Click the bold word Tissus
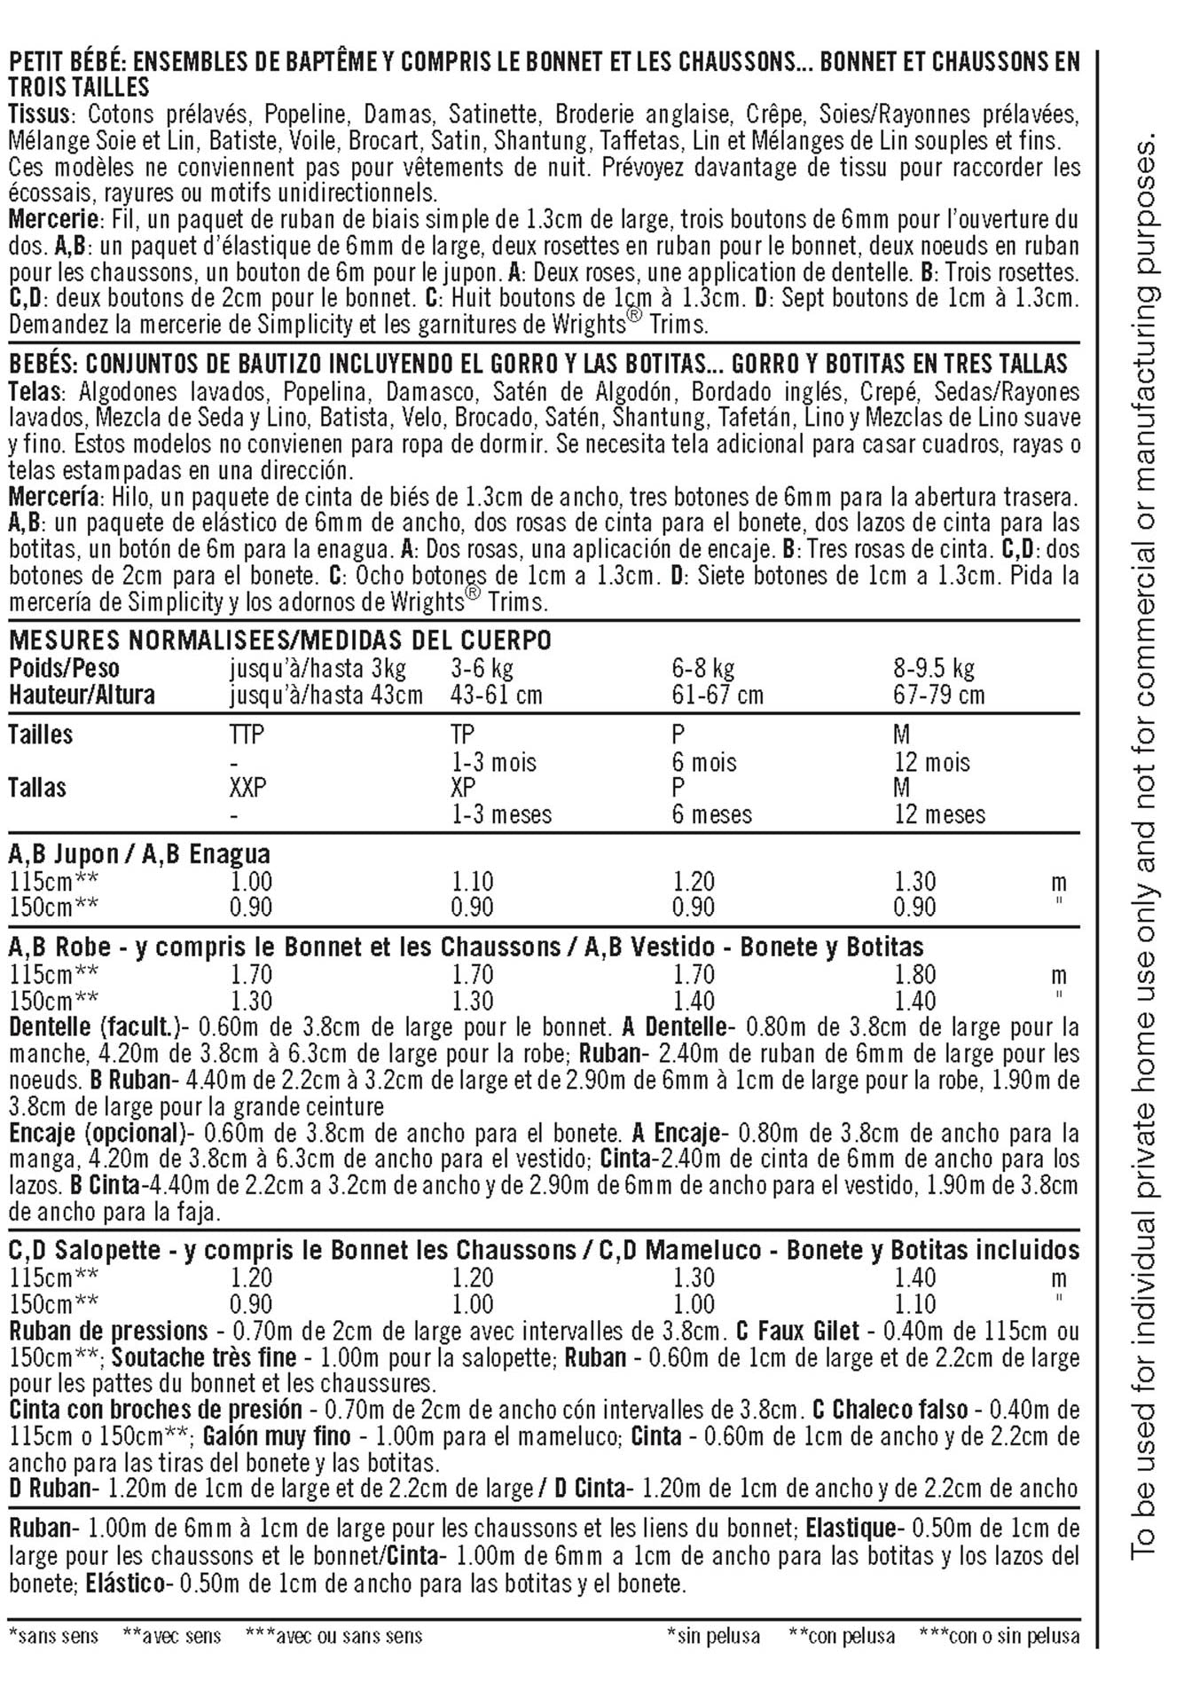click(42, 114)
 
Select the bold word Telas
click(38, 392)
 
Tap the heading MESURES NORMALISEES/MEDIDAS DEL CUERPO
click(280, 640)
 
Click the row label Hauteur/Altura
click(82, 695)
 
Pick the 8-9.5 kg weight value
click(934, 668)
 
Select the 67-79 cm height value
click(939, 695)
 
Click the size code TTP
click(247, 735)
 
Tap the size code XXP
click(248, 788)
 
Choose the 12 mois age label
click(932, 762)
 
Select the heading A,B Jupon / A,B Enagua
click(139, 854)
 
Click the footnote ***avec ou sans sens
click(333, 1636)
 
